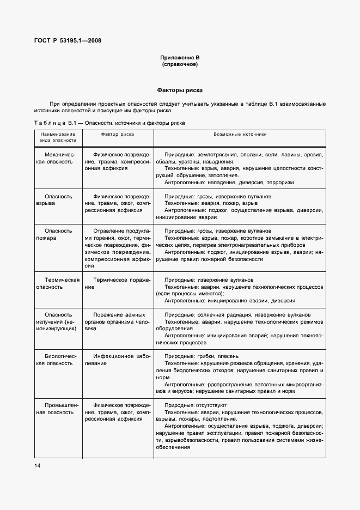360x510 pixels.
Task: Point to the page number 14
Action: point(37,465)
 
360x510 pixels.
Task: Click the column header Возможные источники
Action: point(240,133)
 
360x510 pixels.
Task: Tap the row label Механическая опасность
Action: point(58,159)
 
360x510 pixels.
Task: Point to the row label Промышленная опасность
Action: point(58,409)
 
